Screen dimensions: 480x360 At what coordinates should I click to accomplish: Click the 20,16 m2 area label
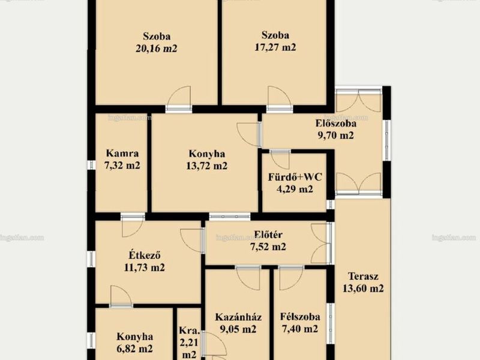pyautogui.click(x=157, y=49)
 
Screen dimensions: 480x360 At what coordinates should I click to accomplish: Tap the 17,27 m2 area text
pyautogui.click(x=275, y=47)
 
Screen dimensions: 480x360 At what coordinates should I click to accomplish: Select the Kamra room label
pyautogui.click(x=122, y=153)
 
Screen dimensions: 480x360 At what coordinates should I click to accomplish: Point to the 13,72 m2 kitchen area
pyautogui.click(x=206, y=166)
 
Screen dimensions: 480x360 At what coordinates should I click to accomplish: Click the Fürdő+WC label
pyautogui.click(x=295, y=177)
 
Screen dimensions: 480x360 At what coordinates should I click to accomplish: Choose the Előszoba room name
pyautogui.click(x=336, y=124)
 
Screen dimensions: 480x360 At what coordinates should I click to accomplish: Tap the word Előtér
pyautogui.click(x=268, y=235)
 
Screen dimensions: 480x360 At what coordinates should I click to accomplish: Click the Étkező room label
pyautogui.click(x=145, y=255)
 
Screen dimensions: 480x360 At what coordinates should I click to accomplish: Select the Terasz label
pyautogui.click(x=363, y=276)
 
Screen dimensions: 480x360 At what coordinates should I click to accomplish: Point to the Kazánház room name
pyautogui.click(x=238, y=317)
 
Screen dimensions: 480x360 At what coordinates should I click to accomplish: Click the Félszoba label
pyautogui.click(x=300, y=317)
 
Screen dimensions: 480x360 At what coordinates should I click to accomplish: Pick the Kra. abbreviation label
pyautogui.click(x=189, y=331)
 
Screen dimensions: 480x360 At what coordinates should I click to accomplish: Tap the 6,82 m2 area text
pyautogui.click(x=134, y=349)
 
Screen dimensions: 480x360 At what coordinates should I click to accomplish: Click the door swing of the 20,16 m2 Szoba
pyautogui.click(x=179, y=96)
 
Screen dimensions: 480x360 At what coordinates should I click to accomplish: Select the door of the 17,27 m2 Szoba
pyautogui.click(x=280, y=96)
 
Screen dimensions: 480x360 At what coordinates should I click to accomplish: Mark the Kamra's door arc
pyautogui.click(x=133, y=227)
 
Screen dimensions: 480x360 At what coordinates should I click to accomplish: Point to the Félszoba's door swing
pyautogui.click(x=291, y=279)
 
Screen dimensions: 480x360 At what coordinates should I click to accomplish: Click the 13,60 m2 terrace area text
pyautogui.click(x=363, y=289)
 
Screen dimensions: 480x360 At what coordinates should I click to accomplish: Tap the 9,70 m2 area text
pyautogui.click(x=336, y=136)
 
